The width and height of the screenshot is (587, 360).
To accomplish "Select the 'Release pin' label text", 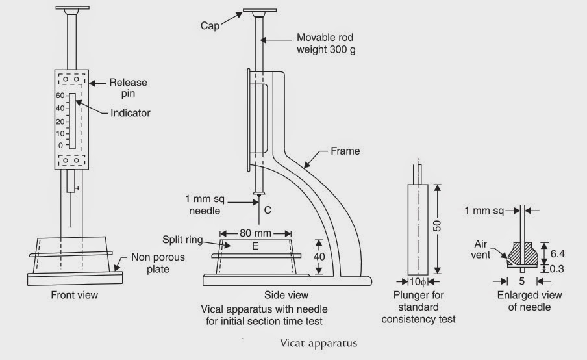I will point(127,88).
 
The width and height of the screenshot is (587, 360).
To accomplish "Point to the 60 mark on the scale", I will point(59,95).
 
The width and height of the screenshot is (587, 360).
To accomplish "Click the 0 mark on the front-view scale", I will point(61,145).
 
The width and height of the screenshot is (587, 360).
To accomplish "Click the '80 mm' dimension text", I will point(255,232).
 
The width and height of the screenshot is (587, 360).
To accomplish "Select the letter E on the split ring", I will point(255,246).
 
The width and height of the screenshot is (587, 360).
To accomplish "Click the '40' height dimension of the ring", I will point(319,256).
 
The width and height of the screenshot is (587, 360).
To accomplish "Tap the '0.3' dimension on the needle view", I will point(556,268).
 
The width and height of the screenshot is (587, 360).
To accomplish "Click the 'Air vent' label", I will point(481,250).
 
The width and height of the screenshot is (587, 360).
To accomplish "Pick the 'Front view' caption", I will point(75,295).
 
